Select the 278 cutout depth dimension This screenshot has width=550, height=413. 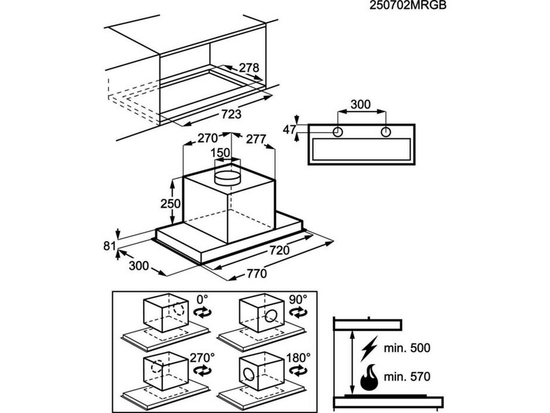click(249, 68)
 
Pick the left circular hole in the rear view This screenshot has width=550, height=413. click(338, 131)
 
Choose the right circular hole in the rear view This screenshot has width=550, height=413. click(386, 131)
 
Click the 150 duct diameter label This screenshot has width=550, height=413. click(221, 152)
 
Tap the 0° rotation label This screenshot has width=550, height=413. click(202, 300)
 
